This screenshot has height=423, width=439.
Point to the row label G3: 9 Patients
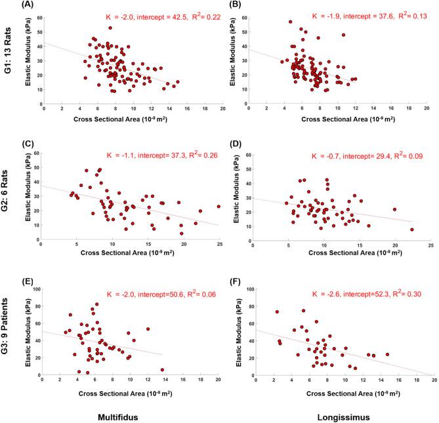(9, 336)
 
